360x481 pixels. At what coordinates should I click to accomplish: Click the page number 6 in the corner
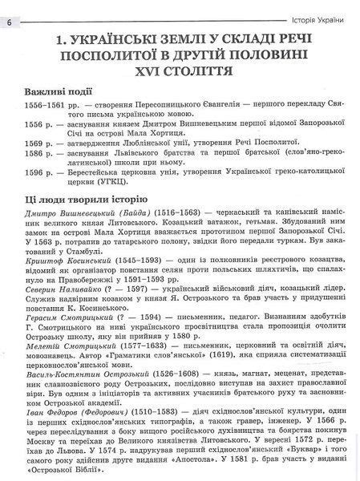[x=8, y=21]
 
